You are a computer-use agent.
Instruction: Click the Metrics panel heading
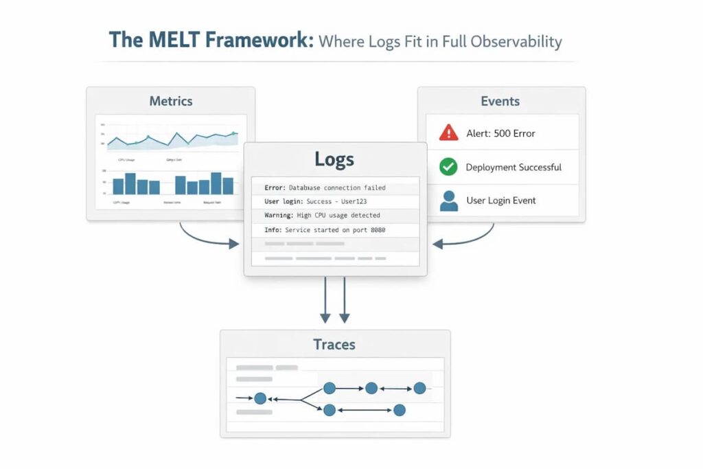pos(171,101)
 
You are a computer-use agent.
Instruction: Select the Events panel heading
pos(500,101)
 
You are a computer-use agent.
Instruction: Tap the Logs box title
pos(334,159)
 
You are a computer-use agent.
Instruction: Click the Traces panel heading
pos(334,344)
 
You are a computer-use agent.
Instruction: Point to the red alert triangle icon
pos(448,133)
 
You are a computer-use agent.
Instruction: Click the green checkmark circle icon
pos(448,166)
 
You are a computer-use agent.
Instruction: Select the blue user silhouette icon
pos(448,201)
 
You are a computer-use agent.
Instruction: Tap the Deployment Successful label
pos(514,167)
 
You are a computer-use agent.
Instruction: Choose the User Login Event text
pos(501,201)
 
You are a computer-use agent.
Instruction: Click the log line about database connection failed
pos(325,187)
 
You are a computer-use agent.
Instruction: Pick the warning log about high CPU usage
pos(322,216)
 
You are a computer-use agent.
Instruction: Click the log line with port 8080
pos(325,230)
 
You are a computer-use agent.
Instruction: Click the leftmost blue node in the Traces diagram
pos(260,398)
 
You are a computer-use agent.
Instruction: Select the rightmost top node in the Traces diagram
pos(419,388)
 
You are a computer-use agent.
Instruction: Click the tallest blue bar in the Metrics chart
pos(216,183)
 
